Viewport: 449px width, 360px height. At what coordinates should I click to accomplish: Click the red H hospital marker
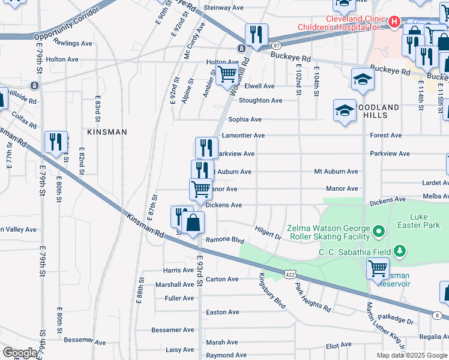point(394,22)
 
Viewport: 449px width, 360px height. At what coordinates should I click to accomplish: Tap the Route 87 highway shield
point(276,45)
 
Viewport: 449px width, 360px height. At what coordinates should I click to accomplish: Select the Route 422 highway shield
point(290,274)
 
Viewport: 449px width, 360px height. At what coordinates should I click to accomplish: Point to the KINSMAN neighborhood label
point(107,131)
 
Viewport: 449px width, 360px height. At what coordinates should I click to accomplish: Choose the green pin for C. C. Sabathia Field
point(398,250)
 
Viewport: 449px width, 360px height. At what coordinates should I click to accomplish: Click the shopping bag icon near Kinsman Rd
point(193,224)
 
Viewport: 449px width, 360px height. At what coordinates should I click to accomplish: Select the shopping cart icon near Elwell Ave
point(227,75)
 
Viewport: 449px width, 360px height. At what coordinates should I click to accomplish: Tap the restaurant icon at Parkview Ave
point(206,147)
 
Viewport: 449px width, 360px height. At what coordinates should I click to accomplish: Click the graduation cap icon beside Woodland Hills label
point(345,110)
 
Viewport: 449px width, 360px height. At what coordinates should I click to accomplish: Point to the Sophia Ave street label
point(245,119)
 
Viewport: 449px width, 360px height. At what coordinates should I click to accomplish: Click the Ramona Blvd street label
point(225,240)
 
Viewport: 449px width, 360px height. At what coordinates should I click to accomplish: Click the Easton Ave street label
point(223,312)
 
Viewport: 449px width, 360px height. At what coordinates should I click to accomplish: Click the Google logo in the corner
point(20,353)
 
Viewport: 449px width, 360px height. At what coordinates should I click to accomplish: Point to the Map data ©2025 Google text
point(412,355)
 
